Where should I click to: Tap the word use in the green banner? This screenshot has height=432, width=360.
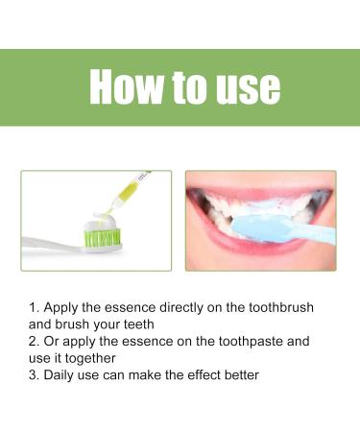(244, 88)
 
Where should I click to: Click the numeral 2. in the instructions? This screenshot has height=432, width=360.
(34, 341)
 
